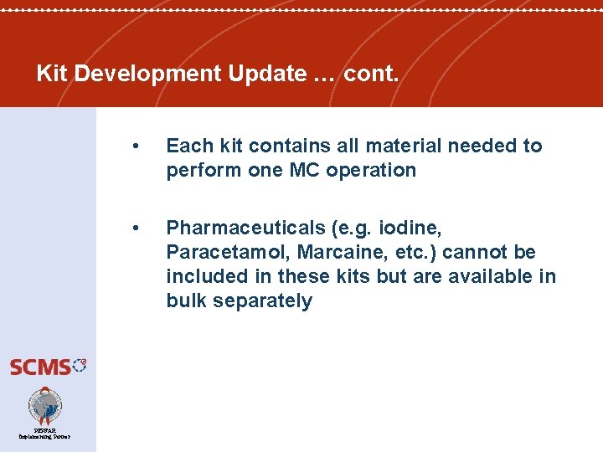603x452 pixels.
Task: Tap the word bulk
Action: pos(186,301)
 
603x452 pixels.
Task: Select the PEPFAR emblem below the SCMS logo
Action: pos(44,406)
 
